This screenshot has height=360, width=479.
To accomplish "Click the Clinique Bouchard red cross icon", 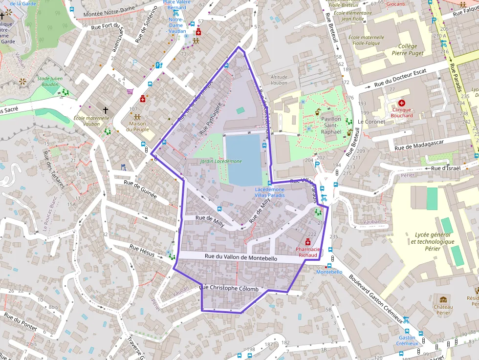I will pos(402,103).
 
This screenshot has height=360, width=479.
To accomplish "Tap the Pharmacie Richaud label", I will pos(308,252).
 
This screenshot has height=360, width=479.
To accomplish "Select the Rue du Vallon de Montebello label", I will pos(240,257).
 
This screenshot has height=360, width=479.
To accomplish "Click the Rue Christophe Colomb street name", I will pos(229,289).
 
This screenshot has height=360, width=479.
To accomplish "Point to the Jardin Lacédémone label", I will pos(220,161).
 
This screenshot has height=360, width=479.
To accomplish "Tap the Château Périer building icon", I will pos(443,299).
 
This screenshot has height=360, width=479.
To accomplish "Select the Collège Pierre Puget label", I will pos(408,50).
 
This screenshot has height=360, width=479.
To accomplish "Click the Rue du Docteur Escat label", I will pos(400,78).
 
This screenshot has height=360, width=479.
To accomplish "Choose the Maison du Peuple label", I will pos(137,127).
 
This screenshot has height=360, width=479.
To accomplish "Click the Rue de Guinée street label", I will pos(140,189).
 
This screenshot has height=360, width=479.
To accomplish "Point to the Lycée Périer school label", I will pos(432,241).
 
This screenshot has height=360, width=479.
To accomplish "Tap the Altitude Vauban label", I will pos(279,80).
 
